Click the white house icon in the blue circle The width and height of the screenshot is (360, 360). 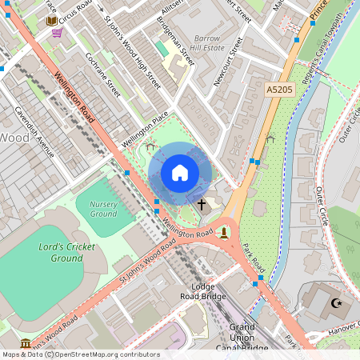point(180,173)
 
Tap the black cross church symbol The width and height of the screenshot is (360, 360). point(202,205)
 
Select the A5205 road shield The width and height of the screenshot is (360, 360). point(280,91)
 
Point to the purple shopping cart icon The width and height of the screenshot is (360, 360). point(57,33)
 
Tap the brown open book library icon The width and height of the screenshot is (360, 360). point(51,20)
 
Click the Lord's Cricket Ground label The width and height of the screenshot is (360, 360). point(60,253)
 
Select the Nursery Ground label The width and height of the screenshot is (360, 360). point(103,209)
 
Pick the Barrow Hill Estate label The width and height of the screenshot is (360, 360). point(206,42)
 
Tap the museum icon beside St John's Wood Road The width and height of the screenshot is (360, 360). point(26,343)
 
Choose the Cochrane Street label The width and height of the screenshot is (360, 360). point(103,75)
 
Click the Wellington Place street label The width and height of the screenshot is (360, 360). point(145,129)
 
